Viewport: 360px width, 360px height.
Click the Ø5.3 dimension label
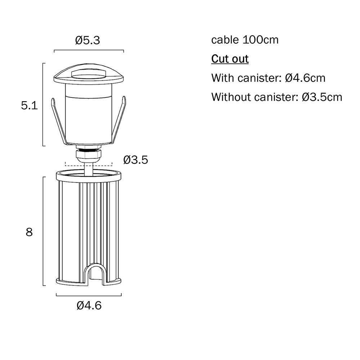(x=88, y=40)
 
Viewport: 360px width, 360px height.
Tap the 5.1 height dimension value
(x=30, y=106)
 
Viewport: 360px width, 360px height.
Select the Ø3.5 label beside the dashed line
(x=136, y=160)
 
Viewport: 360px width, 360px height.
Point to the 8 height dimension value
(x=29, y=232)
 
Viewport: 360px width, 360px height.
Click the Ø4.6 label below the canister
(x=89, y=306)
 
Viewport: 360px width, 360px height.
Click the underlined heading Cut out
(x=230, y=59)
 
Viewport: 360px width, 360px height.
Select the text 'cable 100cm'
(x=245, y=40)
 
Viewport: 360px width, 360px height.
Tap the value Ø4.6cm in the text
(x=305, y=78)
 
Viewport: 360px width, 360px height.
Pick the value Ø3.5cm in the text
(x=322, y=97)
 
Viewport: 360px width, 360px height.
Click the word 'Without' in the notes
(x=231, y=97)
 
